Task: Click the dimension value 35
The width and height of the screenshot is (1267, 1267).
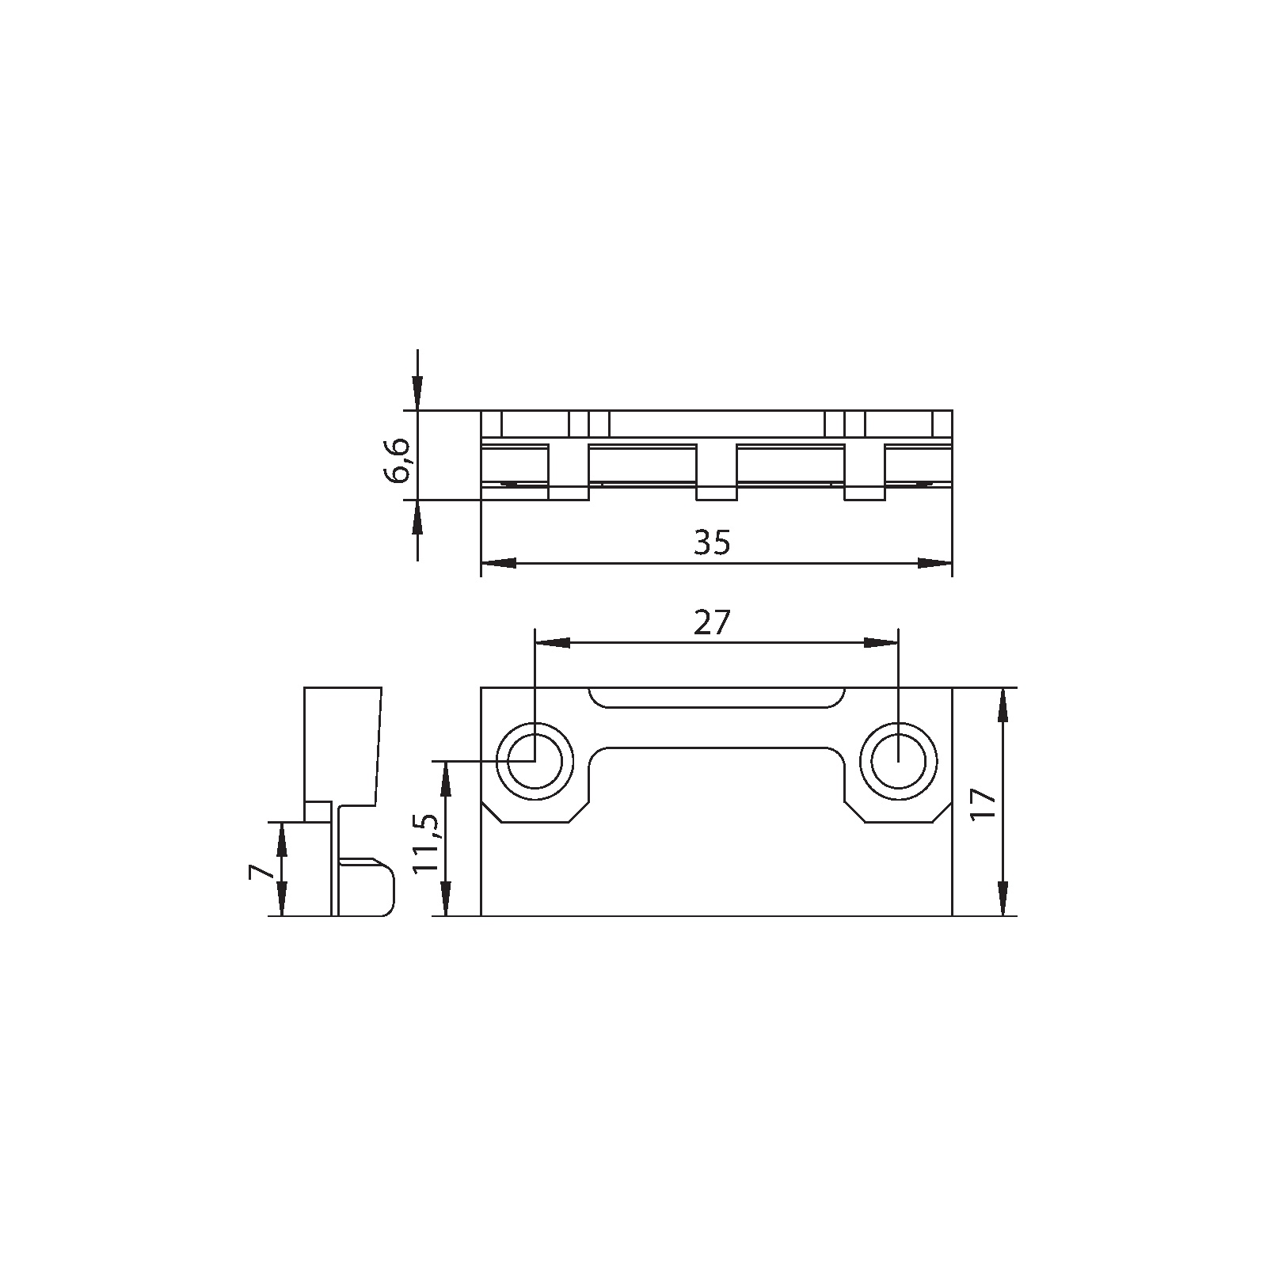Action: pyautogui.click(x=712, y=543)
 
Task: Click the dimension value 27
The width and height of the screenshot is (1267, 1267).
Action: pyautogui.click(x=711, y=624)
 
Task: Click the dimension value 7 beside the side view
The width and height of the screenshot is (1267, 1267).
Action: pyautogui.click(x=261, y=871)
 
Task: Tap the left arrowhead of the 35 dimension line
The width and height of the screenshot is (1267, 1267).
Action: pyautogui.click(x=499, y=563)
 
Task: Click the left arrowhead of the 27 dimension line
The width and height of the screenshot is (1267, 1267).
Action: pyautogui.click(x=553, y=643)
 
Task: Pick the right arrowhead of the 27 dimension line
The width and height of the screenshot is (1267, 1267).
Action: pyautogui.click(x=881, y=643)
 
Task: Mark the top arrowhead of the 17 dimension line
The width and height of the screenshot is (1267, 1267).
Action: pyautogui.click(x=1003, y=705)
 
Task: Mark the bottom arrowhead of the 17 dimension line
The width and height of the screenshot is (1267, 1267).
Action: pyautogui.click(x=1003, y=900)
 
